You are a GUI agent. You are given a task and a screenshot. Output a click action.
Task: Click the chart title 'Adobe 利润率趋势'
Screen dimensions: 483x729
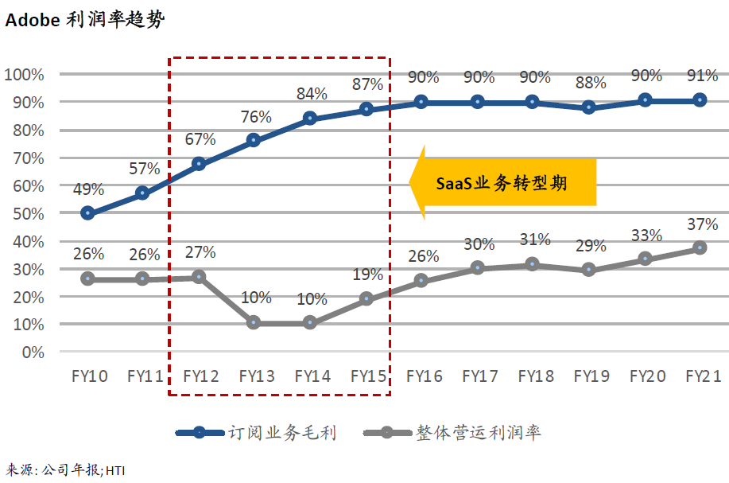[85, 21]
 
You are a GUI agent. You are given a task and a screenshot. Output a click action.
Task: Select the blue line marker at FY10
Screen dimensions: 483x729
[87, 213]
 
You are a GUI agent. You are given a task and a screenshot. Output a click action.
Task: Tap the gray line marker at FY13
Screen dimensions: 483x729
[254, 323]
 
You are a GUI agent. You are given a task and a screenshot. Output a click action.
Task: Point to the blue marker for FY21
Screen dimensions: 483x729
[700, 100]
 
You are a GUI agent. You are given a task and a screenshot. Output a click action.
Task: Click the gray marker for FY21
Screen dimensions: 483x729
[700, 248]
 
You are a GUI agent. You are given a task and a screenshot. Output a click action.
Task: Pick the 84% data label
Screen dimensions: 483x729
[312, 94]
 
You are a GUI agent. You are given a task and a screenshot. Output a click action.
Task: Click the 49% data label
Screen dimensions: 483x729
[88, 189]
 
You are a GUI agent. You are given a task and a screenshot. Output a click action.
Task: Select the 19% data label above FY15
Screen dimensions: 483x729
[367, 275]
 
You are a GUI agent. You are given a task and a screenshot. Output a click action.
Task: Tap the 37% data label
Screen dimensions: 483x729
[701, 225]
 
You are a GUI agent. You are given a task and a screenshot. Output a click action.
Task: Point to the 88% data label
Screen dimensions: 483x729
[591, 83]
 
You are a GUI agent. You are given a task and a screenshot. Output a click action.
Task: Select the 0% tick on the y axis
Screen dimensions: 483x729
[33, 352]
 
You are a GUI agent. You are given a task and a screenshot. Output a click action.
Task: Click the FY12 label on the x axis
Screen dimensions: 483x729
[200, 376]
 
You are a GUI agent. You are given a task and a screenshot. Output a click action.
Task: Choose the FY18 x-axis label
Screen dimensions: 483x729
[534, 376]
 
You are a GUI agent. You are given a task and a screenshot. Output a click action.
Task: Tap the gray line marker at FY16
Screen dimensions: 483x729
[421, 281]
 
